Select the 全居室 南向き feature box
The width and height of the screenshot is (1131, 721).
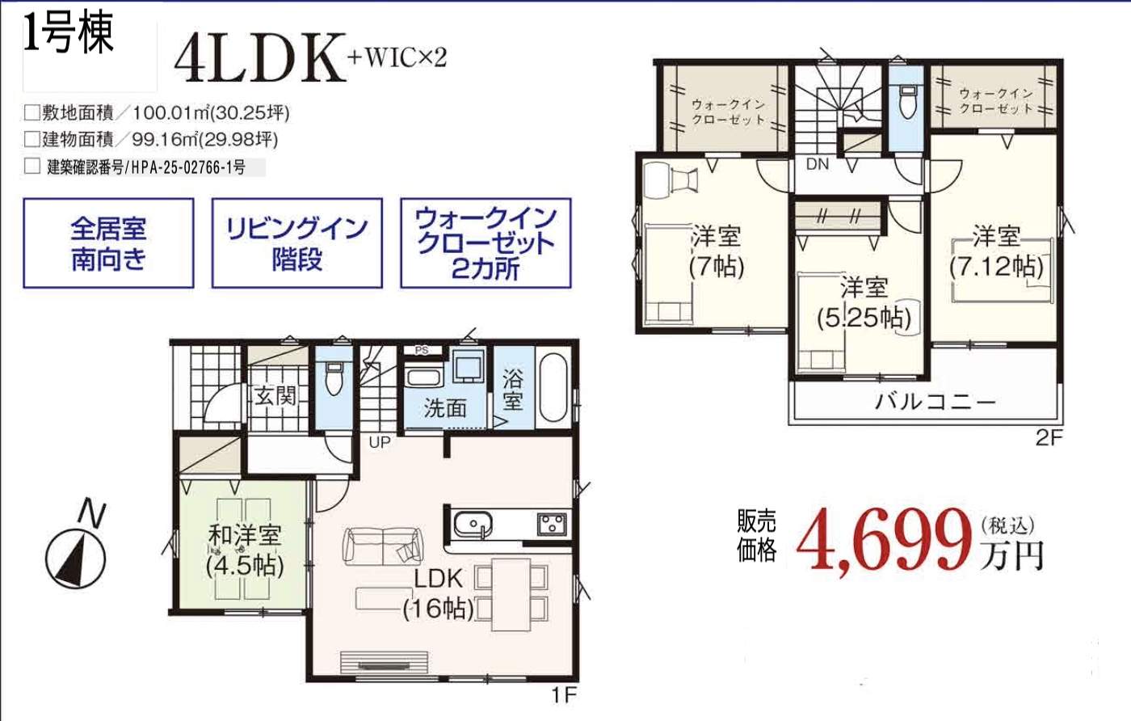coord(108,243)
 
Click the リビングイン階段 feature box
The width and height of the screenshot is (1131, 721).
coord(296,243)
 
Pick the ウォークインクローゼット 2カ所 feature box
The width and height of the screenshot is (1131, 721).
coord(486,243)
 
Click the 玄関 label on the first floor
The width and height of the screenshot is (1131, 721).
coord(275,396)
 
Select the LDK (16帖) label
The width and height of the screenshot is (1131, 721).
coord(439,593)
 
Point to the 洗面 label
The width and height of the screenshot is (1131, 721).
coord(445,408)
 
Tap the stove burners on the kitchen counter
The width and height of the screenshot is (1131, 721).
coord(553,524)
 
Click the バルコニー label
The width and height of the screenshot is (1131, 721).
coord(935,402)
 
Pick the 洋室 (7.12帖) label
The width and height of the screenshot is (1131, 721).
coord(996,251)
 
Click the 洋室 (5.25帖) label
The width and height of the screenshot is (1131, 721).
coord(863,302)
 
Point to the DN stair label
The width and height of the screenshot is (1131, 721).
coord(818,165)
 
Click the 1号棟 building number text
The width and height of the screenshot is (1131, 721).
coord(69,36)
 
